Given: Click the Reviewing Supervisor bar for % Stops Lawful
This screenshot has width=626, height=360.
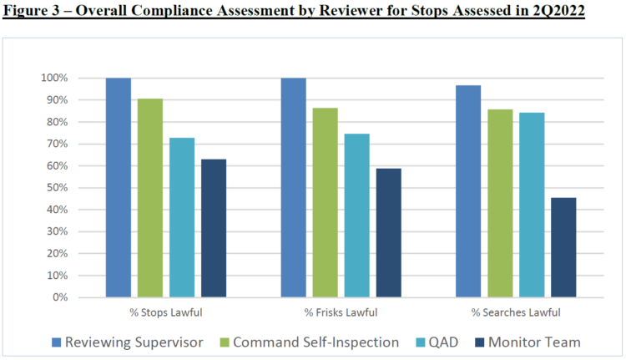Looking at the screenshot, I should click(119, 187).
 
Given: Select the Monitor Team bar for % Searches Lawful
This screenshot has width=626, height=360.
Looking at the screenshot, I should click(563, 247).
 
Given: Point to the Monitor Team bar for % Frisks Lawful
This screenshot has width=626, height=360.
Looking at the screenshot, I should click(389, 233).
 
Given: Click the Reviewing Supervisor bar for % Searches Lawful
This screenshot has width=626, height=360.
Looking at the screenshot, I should click(468, 191).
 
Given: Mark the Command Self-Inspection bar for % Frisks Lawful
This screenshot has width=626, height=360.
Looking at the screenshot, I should click(326, 202).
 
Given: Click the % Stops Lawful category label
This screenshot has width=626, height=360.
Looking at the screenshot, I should click(166, 312).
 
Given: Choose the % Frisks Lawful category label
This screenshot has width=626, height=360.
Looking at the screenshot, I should click(341, 312).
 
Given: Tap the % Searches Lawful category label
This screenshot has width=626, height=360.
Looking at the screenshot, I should click(516, 312).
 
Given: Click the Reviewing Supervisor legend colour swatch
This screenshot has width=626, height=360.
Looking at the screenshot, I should click(57, 342).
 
